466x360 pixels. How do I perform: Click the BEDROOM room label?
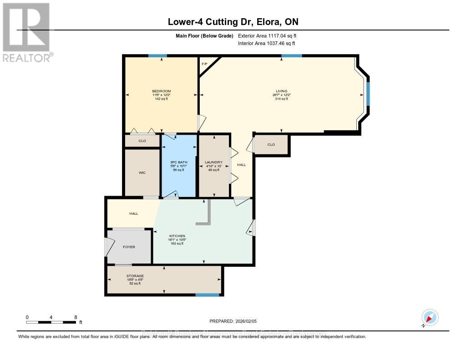coord(162,91)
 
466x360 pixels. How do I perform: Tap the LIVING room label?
coord(281,91)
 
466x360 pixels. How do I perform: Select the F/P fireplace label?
coord(205,64)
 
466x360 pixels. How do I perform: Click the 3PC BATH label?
coord(179,162)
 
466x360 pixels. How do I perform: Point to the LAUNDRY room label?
coord(213,162)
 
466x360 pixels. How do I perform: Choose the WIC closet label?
coord(142,172)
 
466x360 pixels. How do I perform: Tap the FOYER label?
coord(129,247)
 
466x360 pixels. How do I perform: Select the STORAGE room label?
coord(135,276)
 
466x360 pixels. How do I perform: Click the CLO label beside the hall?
coord(271,145)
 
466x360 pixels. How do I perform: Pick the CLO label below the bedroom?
coord(142,141)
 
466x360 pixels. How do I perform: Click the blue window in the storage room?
coord(208,295)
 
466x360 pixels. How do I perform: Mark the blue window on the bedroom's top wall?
coord(157,56)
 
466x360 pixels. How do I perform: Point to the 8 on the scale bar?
coord(76,317)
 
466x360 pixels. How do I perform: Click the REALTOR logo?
coord(26,32)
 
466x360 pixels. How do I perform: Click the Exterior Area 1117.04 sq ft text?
coord(267,35)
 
